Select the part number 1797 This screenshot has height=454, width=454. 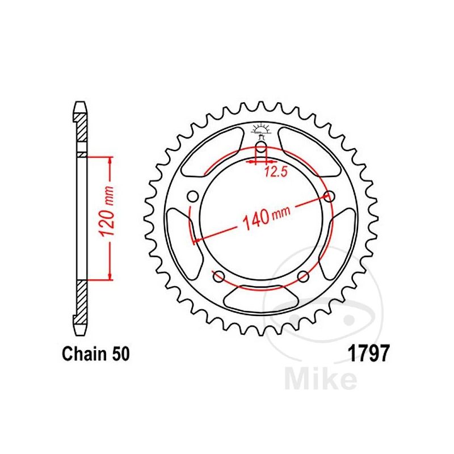367,355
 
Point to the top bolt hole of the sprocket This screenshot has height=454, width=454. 260,149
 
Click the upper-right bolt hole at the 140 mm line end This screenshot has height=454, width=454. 328,197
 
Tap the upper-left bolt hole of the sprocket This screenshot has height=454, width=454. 192,197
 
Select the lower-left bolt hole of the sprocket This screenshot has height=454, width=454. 218,277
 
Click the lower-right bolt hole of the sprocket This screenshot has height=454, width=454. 303,277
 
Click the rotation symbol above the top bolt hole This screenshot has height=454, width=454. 260,130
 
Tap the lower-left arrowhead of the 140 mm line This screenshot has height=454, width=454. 196,241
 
